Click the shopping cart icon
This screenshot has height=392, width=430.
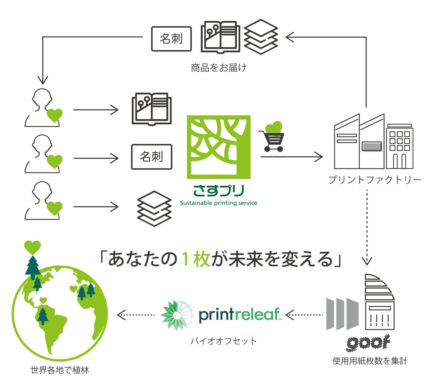(x=273, y=141)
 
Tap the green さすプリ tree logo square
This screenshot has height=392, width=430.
(x=219, y=147)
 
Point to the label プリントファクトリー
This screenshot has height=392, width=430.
(x=374, y=180)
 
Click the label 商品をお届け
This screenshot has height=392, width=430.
(x=219, y=68)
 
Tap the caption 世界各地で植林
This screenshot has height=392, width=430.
(x=60, y=370)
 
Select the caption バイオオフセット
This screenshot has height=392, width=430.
(x=223, y=341)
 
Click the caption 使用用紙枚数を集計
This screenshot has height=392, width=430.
(x=370, y=361)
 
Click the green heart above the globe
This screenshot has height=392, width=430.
(x=32, y=247)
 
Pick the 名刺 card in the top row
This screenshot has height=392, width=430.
(x=171, y=39)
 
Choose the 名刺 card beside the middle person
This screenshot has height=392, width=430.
(x=151, y=157)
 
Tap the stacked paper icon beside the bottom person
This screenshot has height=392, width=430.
(x=154, y=208)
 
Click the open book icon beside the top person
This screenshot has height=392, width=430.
(x=151, y=109)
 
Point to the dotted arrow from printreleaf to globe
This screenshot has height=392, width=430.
(x=135, y=315)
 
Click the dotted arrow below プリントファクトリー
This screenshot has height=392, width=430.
(x=367, y=226)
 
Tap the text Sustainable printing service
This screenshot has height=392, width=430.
(x=219, y=203)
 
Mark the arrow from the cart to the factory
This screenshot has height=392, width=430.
(x=291, y=157)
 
